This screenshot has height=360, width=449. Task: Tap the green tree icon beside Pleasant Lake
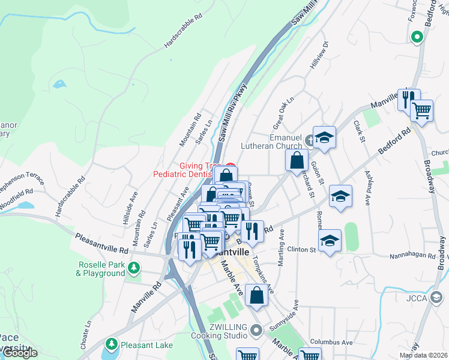111,344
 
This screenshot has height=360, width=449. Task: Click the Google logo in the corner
19,353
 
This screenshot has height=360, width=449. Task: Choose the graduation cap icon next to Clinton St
330,241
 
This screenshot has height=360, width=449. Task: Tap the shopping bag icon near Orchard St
297,160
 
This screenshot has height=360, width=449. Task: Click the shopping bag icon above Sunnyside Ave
256,296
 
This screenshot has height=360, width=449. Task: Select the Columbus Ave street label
331,343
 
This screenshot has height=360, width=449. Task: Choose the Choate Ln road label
88,332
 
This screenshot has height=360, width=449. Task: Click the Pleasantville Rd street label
102,243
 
